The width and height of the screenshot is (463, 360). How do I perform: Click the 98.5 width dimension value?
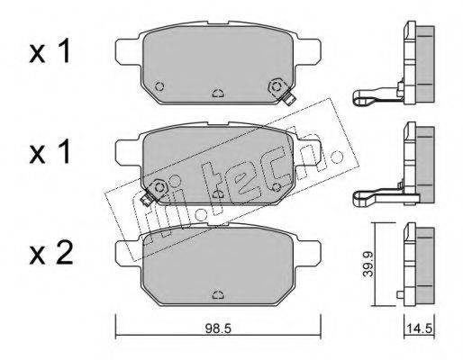[218, 329]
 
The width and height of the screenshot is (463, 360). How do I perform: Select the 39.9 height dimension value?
[368, 264]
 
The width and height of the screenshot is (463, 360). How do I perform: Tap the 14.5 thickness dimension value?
[420, 329]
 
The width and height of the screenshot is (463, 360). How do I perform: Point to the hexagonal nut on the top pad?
[277, 87]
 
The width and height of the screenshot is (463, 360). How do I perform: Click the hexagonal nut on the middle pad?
[159, 187]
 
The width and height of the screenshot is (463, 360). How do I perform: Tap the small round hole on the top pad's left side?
[159, 86]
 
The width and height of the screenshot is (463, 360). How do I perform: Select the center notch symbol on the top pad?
[218, 94]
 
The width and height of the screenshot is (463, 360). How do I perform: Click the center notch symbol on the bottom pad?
[218, 295]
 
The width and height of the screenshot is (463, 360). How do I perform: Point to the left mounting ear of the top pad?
[128, 51]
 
